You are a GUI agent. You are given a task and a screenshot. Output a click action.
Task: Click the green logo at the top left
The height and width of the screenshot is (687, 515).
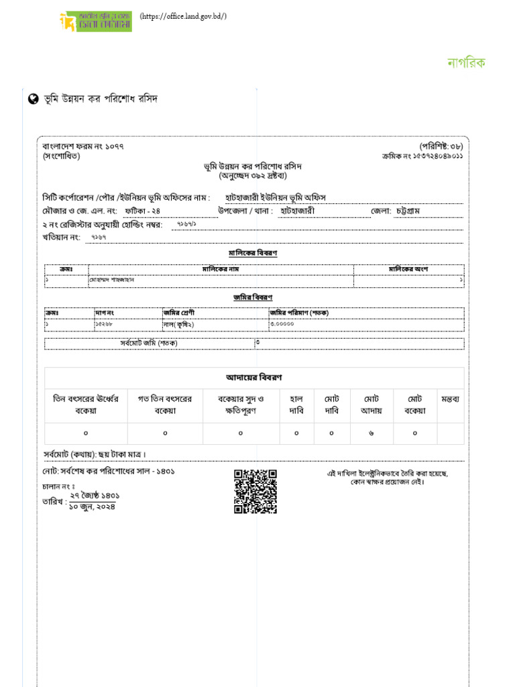95,21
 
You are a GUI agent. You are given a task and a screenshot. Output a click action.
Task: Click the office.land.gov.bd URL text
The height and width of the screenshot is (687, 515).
183,16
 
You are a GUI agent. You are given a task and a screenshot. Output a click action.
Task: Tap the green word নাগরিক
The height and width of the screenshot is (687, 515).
466,63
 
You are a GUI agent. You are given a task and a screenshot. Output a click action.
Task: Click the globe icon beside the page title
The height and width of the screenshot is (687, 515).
33,99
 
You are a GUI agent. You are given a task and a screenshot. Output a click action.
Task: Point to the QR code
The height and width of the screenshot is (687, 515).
255,492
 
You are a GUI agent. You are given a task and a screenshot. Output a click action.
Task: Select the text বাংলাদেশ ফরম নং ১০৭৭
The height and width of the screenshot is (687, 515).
83,146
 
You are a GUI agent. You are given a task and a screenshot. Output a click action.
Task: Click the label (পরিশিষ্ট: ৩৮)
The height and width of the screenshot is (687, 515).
441,146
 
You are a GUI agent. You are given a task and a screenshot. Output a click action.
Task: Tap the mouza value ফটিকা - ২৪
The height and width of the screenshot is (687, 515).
142,211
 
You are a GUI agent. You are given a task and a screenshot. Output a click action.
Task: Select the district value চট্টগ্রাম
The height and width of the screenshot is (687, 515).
415,211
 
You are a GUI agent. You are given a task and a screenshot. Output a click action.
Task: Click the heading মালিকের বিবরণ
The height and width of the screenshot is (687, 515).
253,253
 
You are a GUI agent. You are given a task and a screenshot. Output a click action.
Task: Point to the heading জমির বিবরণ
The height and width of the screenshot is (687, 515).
253,297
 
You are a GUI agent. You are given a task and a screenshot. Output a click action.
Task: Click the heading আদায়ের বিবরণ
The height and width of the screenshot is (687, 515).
253,378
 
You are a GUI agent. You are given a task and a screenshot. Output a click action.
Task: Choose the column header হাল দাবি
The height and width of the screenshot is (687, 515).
296,405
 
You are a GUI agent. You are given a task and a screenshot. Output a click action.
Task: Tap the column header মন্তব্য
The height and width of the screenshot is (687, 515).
450,399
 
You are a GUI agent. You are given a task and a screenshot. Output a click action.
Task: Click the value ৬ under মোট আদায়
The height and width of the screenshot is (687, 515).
371,433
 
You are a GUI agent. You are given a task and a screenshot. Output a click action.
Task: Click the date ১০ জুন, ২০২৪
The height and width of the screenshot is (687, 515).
92,507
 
